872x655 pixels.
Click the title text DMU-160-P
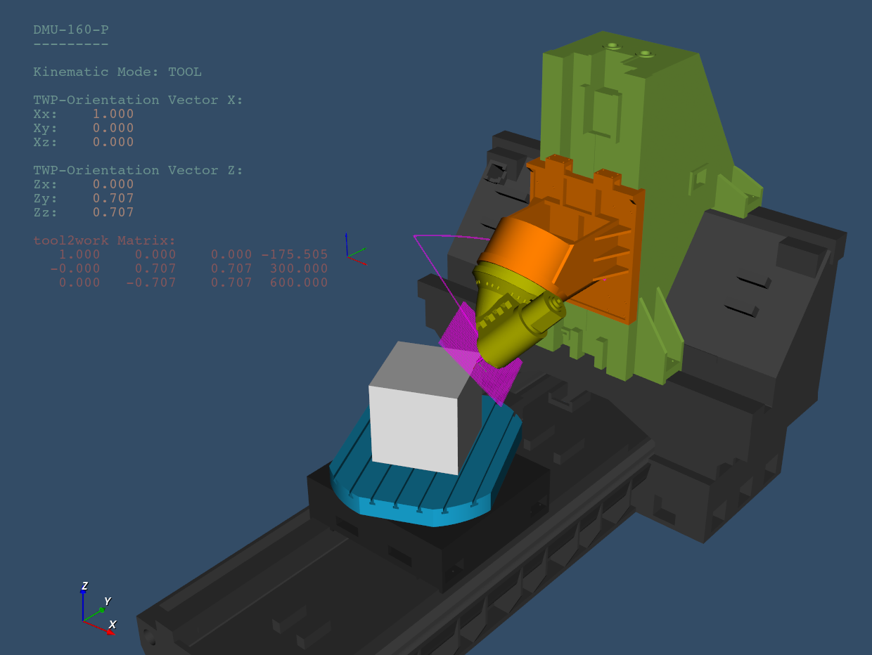coord(71,30)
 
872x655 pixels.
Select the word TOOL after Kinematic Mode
coord(185,72)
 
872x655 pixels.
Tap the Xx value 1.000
coord(113,114)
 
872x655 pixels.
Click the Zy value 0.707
coord(113,198)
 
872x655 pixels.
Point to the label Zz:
coord(45,212)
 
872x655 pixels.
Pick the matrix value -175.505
coord(295,254)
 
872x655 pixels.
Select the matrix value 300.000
coord(299,268)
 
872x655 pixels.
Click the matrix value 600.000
coord(299,283)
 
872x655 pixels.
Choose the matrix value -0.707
coord(151,283)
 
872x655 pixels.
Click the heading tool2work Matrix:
coord(104,240)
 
